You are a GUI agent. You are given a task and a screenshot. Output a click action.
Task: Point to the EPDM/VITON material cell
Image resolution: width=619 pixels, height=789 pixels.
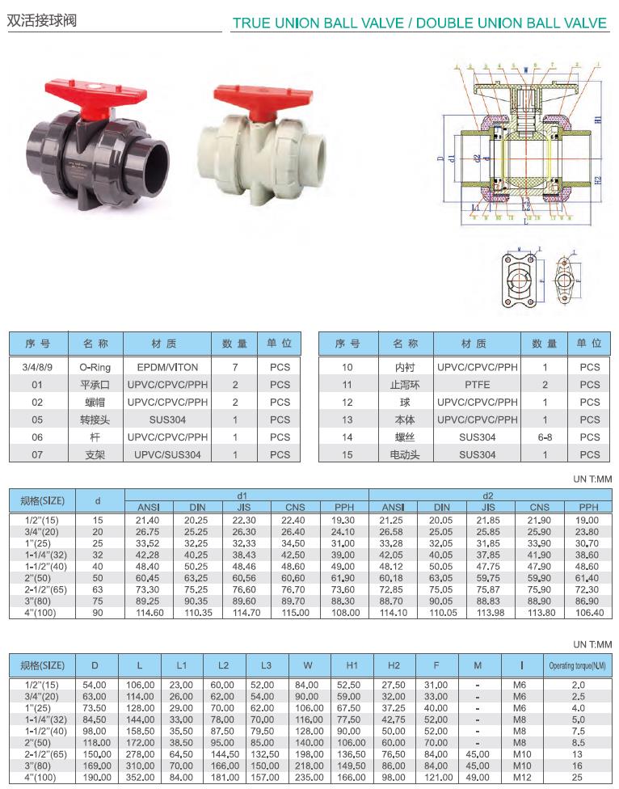tap(167, 366)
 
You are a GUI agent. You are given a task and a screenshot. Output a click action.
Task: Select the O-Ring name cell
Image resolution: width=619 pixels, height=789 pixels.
tap(95, 366)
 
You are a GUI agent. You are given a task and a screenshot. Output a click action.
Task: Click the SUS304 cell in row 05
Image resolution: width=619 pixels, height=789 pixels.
tap(167, 420)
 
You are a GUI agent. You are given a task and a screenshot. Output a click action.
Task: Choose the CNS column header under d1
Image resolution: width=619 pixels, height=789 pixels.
tap(294, 508)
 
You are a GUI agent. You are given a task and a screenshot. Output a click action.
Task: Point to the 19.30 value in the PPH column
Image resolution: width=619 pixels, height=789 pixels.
tap(343, 521)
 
